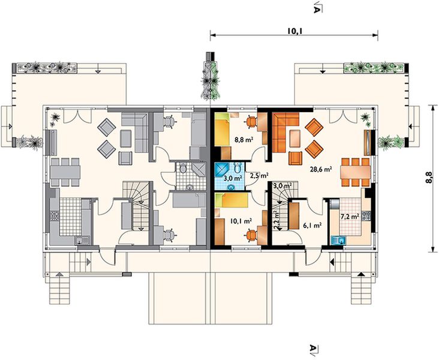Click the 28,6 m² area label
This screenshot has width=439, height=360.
[321, 169]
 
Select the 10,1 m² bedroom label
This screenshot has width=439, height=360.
[240, 221]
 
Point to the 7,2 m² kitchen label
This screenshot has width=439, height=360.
[350, 216]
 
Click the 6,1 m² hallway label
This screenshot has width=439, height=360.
[312, 224]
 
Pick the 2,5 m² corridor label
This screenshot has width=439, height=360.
[259, 176]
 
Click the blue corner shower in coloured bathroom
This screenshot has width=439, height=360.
[222, 170]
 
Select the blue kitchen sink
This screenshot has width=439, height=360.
[338, 241]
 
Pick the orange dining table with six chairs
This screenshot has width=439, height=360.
[355, 172]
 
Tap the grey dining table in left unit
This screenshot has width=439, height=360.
[65, 172]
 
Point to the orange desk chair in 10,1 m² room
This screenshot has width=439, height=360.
[251, 235]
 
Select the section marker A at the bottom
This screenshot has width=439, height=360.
[313, 348]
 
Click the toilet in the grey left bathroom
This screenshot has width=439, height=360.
[183, 169]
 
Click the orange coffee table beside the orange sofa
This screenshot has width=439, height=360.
[294, 139]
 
